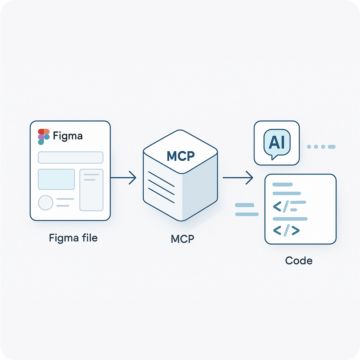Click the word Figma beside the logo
(67, 136)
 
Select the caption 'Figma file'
(73, 238)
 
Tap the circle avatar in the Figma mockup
(46, 203)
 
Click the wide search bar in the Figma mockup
(71, 157)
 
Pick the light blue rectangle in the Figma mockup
(56, 179)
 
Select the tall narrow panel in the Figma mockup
(91, 190)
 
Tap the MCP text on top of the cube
(181, 156)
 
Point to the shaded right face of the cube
(200, 194)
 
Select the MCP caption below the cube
(182, 239)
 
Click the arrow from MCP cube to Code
(238, 177)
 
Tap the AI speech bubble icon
(277, 143)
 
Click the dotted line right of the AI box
(321, 147)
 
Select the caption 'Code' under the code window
(299, 260)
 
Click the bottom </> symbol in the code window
(286, 230)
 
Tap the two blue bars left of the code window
(246, 209)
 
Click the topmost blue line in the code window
(282, 184)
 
